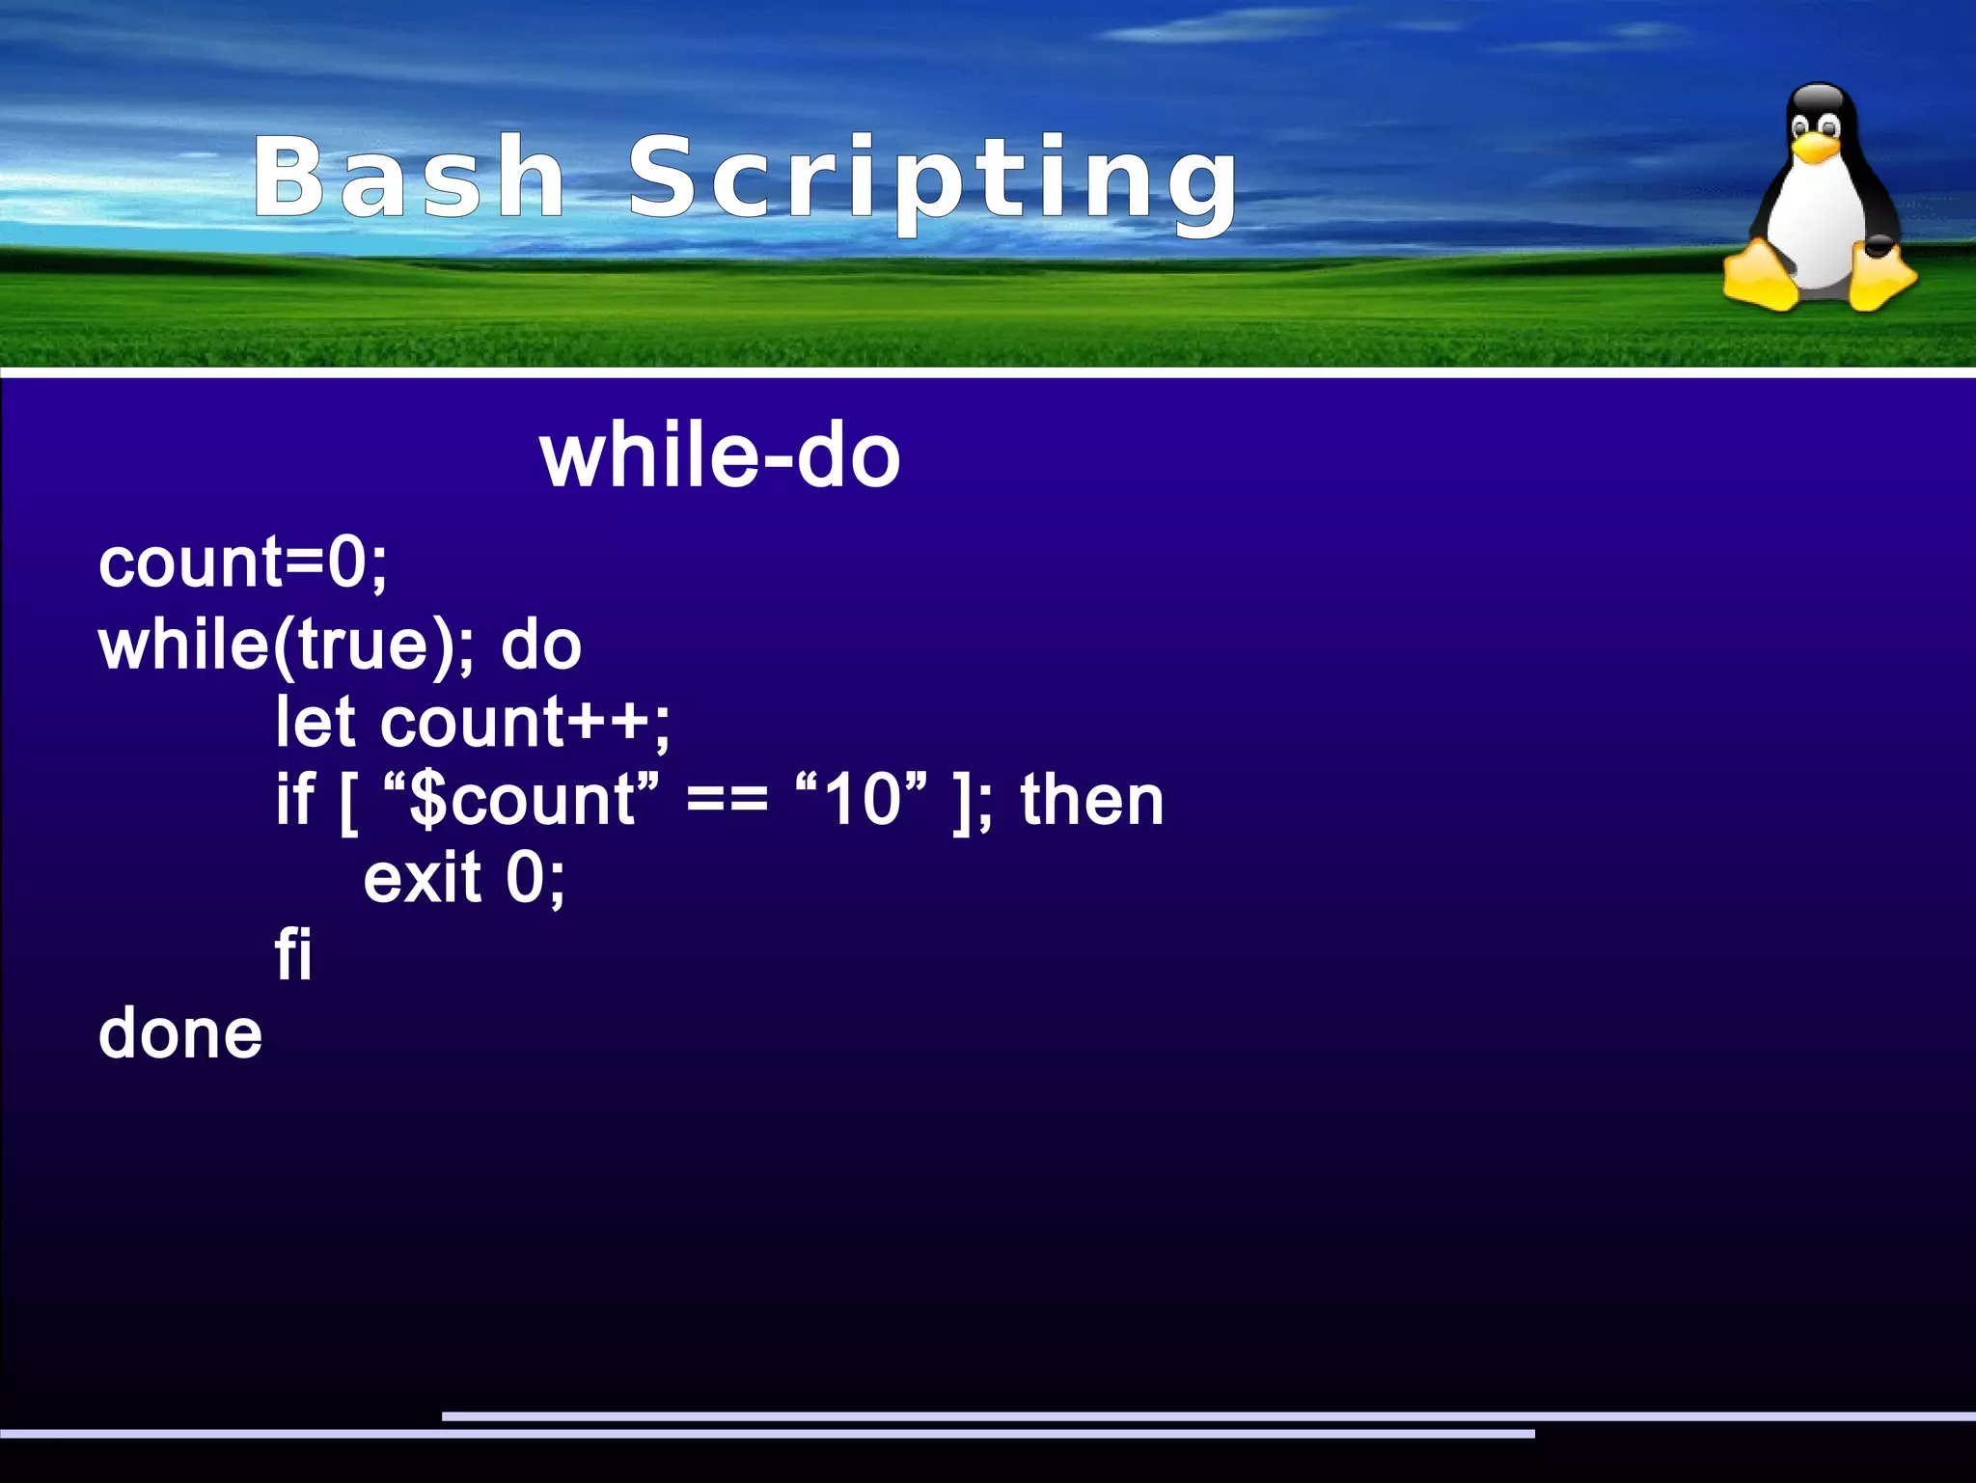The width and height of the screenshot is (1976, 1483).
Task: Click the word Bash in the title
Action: [409, 178]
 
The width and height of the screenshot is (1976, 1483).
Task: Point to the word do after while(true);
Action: [541, 645]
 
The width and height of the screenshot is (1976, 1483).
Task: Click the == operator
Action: [727, 802]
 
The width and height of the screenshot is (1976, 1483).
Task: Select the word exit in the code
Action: [422, 878]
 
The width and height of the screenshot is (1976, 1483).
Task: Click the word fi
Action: [293, 955]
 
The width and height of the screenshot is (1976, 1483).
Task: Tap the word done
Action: [180, 1033]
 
